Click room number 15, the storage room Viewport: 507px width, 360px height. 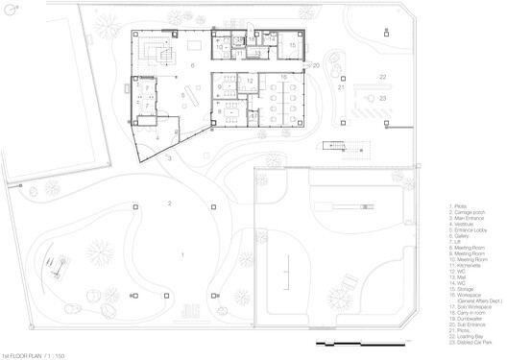point(293,45)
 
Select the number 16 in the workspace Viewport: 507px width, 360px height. point(283,77)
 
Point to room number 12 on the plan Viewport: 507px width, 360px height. point(250,80)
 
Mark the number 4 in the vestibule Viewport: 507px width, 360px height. point(157,136)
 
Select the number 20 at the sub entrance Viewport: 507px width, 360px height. point(315,65)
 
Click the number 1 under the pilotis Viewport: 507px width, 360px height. point(182,253)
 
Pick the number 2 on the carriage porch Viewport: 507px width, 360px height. point(169,204)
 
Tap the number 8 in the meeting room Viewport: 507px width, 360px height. point(220,111)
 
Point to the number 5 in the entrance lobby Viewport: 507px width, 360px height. point(182,95)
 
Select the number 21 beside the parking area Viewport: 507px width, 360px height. point(340,87)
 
